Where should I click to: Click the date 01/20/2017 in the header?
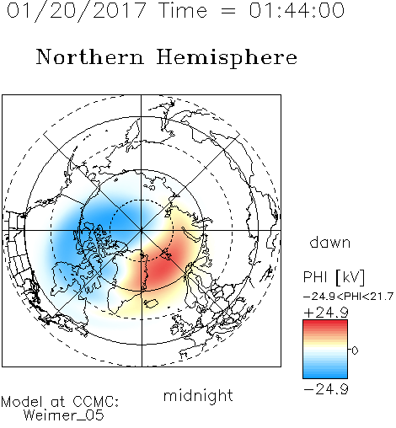tap(77, 10)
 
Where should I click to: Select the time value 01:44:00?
tap(297, 10)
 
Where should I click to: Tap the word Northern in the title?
tap(90, 56)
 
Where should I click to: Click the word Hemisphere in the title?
tap(227, 58)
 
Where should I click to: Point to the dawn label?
tap(330, 242)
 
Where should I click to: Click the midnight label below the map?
tap(198, 395)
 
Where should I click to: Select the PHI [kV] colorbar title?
tap(334, 277)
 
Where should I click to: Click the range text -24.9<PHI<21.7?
tap(348, 297)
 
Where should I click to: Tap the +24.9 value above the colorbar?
tap(326, 313)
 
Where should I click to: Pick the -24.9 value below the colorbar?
tap(326, 389)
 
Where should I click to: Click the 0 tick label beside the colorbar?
tap(355, 350)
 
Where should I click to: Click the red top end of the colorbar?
tap(325, 323)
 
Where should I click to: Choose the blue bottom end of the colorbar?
tap(325, 376)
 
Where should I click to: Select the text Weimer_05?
tap(64, 415)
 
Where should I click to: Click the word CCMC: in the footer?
tap(96, 402)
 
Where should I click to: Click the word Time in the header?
tap(183, 10)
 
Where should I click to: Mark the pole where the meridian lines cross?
tap(142, 230)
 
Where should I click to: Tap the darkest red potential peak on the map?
tap(163, 267)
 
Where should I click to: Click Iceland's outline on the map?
tap(151, 303)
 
